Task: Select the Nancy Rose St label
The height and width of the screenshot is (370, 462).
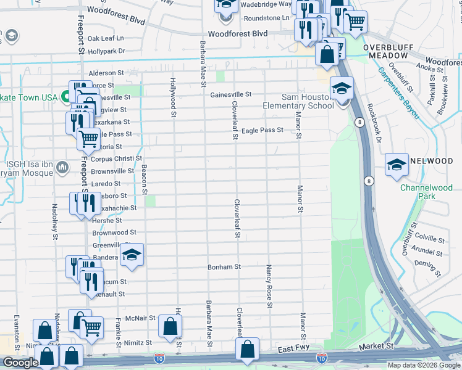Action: pos(269,286)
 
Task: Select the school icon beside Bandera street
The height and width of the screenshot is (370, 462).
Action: pos(131,255)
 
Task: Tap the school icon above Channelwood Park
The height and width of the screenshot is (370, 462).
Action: pos(397,164)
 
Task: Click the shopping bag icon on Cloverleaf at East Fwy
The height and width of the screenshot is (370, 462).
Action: pos(247,349)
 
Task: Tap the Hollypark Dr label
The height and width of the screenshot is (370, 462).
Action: pos(106,51)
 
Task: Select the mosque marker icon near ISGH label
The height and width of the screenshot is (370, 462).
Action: pos(62,167)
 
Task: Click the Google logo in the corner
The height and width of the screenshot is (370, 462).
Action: pos(20,363)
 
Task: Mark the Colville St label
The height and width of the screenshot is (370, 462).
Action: pos(430,237)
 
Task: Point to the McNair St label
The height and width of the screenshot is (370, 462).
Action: pos(135,318)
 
